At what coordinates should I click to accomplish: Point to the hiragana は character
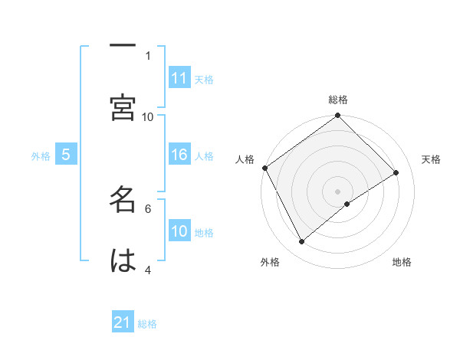pyautogui.click(x=123, y=260)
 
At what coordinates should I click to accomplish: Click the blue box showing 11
pyautogui.click(x=179, y=78)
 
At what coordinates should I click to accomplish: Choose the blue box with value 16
pyautogui.click(x=179, y=155)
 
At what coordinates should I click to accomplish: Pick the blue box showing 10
pyautogui.click(x=179, y=232)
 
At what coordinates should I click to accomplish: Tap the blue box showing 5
pyautogui.click(x=66, y=155)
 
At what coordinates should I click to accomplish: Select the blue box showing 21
pyautogui.click(x=123, y=323)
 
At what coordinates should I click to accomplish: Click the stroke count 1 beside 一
pyautogui.click(x=148, y=55)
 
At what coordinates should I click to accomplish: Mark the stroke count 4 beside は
pyautogui.click(x=148, y=270)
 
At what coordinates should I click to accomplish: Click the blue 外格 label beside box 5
pyautogui.click(x=41, y=156)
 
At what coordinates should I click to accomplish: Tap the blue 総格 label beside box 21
pyautogui.click(x=147, y=324)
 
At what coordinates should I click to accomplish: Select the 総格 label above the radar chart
pyautogui.click(x=338, y=100)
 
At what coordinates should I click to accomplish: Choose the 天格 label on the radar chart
pyautogui.click(x=431, y=159)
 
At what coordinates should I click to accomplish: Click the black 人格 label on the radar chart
pyautogui.click(x=245, y=159)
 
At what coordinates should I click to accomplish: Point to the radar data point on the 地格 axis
pyautogui.click(x=347, y=204)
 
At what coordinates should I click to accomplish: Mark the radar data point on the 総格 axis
pyautogui.click(x=338, y=116)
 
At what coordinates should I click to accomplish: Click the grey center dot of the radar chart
pyautogui.click(x=338, y=191)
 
